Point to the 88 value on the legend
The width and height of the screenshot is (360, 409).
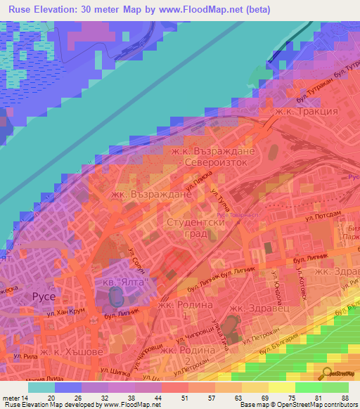click(345, 397)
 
